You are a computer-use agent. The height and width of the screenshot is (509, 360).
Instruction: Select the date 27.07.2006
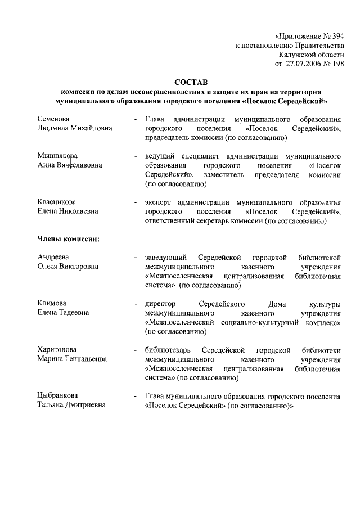coord(306,64)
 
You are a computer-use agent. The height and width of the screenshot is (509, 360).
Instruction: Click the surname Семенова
coord(53,119)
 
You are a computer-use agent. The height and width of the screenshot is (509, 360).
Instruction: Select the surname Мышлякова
coord(57,156)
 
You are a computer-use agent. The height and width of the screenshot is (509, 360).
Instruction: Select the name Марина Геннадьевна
coord(71,358)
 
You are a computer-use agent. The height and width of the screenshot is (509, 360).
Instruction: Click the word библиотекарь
coord(167,349)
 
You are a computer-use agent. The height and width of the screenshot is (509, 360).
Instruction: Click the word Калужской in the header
coord(299,55)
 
